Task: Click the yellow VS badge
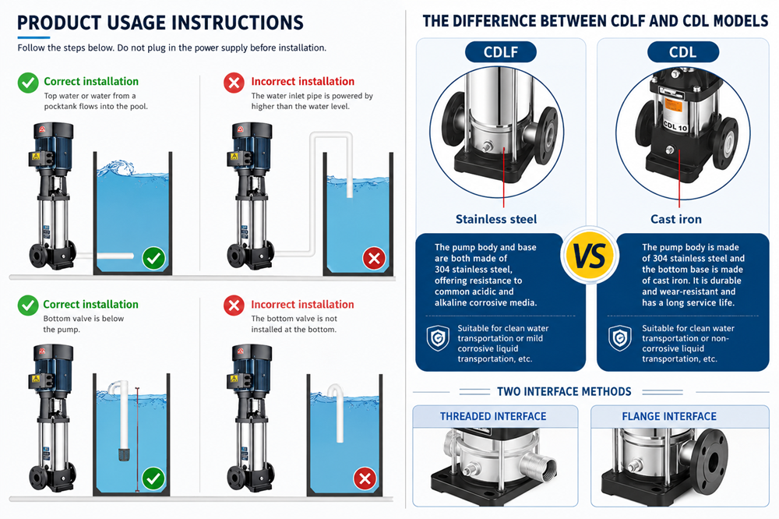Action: (590, 256)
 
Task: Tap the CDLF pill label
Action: (501, 52)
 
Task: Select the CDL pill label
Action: (683, 52)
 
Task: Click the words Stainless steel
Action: (496, 219)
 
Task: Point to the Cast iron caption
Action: (676, 219)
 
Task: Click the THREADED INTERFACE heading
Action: (493, 417)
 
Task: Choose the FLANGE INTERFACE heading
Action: (669, 417)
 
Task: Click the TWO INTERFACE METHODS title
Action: (564, 392)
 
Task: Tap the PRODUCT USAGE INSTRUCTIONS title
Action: (160, 23)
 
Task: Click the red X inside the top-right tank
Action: (374, 258)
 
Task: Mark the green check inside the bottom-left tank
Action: (153, 478)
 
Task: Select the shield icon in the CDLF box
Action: (438, 338)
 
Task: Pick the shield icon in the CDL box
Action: (620, 338)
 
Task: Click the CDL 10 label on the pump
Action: (675, 126)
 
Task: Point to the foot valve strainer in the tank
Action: (124, 454)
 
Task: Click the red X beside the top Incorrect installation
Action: (234, 83)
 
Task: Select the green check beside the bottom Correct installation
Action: (28, 305)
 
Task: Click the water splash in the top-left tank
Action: (117, 168)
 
